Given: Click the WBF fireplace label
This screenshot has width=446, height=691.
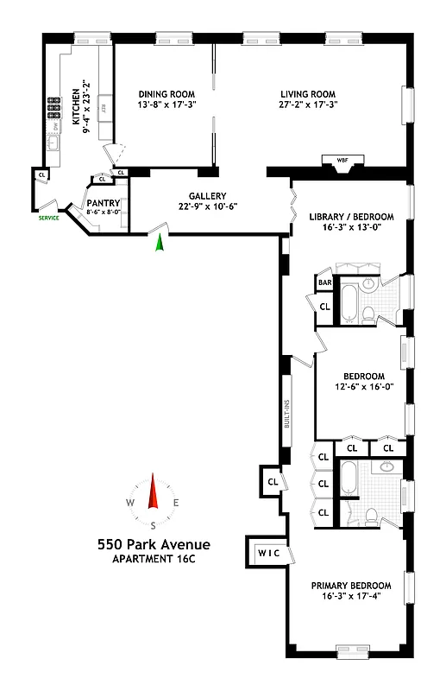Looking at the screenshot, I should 342,160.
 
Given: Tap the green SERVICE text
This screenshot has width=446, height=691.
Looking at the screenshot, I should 49,219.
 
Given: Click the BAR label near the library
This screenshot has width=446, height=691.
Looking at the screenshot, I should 325,282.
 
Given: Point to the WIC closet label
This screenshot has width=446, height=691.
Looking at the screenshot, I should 267,551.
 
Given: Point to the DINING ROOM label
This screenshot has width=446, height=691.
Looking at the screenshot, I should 167,94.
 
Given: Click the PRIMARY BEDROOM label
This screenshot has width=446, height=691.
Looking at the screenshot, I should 356,585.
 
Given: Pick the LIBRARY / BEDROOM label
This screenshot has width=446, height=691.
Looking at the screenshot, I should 350,216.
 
